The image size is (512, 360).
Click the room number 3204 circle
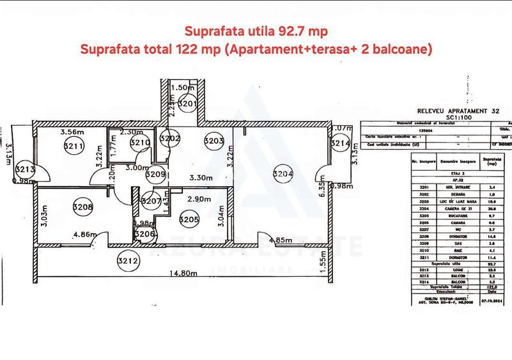283,173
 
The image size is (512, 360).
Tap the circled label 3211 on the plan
74,146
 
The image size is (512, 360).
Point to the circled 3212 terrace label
128,260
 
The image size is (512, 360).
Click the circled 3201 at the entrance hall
187,102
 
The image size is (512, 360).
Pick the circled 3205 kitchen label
190,219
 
